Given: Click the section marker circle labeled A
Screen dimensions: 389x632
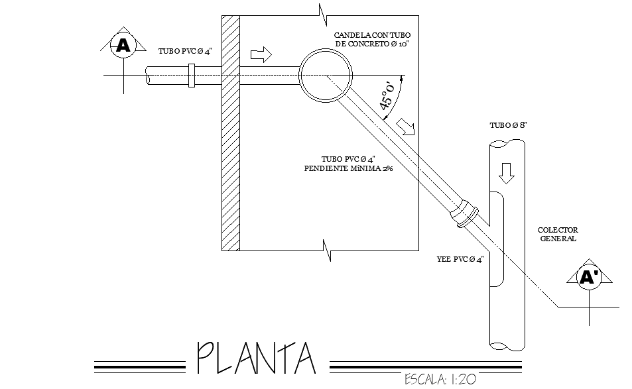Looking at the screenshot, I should pyautogui.click(x=123, y=46).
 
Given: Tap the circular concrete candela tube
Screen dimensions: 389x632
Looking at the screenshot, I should pyautogui.click(x=326, y=75).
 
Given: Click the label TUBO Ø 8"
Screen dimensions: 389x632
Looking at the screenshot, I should pyautogui.click(x=507, y=125).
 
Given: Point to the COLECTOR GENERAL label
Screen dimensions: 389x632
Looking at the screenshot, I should pyautogui.click(x=558, y=235).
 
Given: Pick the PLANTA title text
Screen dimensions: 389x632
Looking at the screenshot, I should pyautogui.click(x=256, y=359).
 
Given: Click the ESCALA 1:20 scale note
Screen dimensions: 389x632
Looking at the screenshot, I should pyautogui.click(x=440, y=380).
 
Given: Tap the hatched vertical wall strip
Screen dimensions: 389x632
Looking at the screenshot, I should pyautogui.click(x=230, y=133).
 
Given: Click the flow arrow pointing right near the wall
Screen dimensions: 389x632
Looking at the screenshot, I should pyautogui.click(x=261, y=54).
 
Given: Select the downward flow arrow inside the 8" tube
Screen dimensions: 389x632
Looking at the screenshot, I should pyautogui.click(x=506, y=173).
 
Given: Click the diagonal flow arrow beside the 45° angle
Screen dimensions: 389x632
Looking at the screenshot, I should pyautogui.click(x=405, y=126).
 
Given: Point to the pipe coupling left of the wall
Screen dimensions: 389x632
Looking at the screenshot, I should pyautogui.click(x=192, y=75).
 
